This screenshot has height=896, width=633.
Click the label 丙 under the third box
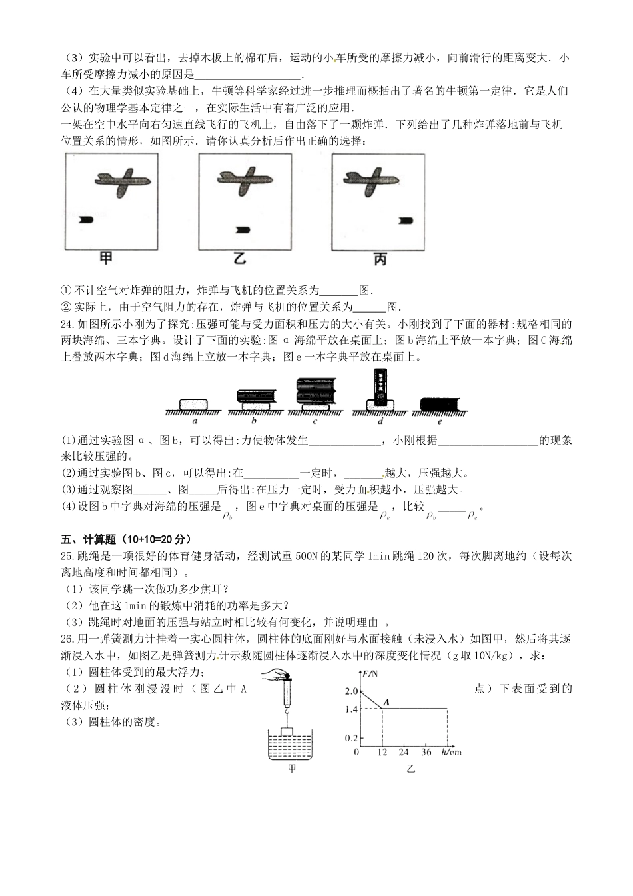(x=379, y=260)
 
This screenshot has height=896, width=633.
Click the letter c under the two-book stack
(x=315, y=421)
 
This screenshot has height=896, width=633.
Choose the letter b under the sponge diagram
(x=255, y=421)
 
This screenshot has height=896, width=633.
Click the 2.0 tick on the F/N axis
(x=351, y=691)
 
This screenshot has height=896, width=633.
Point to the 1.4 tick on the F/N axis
(x=351, y=709)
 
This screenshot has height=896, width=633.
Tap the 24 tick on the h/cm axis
(x=403, y=752)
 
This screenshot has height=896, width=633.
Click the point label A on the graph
(x=386, y=700)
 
